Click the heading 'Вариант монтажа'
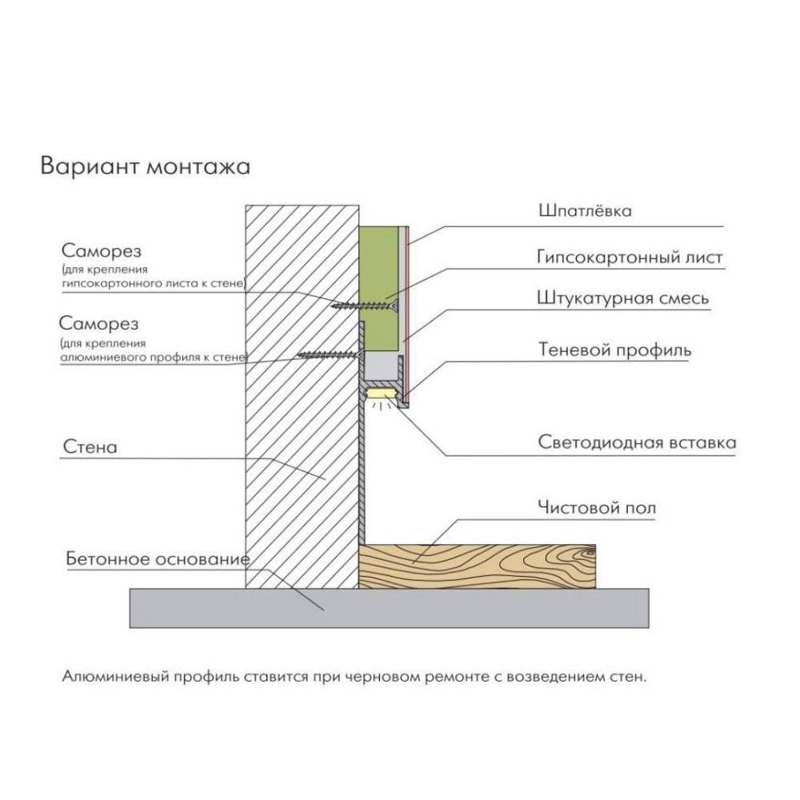pos(146,167)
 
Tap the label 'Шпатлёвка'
pos(586,210)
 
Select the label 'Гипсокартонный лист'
pos(630,257)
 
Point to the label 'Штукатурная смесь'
pos(623,298)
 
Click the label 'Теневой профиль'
pos(614,350)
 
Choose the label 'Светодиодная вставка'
pos(638,442)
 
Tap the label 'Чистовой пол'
pos(597,508)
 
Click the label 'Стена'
pos(90,447)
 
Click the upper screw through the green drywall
pos(365,306)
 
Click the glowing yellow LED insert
pos(382,394)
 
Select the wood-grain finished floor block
pos(477,566)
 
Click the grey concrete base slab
pos(390,608)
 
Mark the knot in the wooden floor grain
pos(588,551)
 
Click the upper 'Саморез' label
pos(102,251)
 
